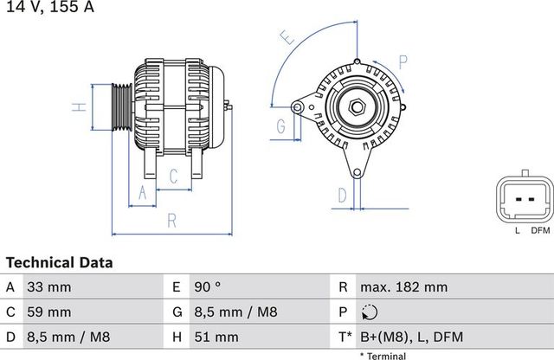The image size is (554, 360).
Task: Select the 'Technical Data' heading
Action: [59, 262]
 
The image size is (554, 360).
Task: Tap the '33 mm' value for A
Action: [51, 287]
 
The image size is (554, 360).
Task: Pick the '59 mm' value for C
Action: [51, 312]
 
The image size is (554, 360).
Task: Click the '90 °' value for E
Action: [208, 287]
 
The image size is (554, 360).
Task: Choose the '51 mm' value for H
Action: [215, 336]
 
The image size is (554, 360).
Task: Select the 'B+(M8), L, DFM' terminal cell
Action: [410, 336]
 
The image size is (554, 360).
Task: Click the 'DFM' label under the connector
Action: [540, 230]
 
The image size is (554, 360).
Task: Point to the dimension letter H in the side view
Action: [79, 107]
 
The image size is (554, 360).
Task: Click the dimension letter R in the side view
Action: [171, 221]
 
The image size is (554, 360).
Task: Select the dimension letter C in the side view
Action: [173, 177]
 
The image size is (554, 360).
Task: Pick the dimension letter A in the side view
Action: [143, 196]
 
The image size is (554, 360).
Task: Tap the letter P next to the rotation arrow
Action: [403, 61]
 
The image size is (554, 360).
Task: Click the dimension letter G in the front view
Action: [281, 127]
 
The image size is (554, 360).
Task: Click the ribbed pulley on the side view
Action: [121, 107]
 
